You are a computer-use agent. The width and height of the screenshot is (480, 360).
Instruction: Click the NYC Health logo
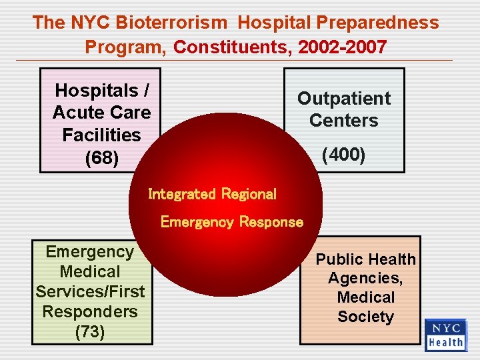coord(446,335)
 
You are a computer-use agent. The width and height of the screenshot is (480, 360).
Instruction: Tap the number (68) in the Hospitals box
coord(102,159)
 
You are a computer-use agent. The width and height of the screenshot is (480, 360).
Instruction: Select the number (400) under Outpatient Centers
coord(343,155)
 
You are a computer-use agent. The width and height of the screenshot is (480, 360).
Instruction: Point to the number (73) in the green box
coord(90,331)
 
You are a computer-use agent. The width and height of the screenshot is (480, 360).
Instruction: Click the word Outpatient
coord(343,99)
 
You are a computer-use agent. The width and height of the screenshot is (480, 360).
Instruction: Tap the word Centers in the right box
coord(343,121)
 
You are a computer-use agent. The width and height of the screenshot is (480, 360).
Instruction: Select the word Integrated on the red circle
coord(182,194)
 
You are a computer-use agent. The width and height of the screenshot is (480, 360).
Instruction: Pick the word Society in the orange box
coord(365,317)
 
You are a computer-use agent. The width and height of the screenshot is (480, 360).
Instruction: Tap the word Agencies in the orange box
coord(364,278)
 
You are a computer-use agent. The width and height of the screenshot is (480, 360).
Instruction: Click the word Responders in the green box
coord(90,311)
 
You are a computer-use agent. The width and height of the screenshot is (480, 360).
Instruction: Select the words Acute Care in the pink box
coord(102,112)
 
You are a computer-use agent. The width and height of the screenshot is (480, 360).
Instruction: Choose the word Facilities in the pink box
coord(102,135)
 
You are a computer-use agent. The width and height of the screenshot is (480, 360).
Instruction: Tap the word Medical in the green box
coord(90,271)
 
